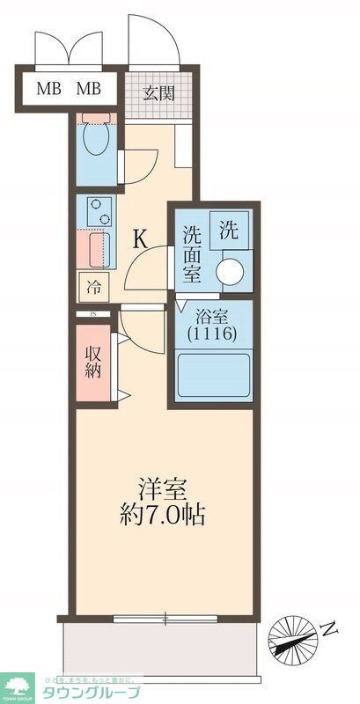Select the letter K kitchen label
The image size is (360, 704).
coord(140,238)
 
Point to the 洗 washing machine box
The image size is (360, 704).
coord(229,231)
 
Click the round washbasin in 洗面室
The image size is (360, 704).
coord(232,272)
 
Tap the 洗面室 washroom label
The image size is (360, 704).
coord(193,253)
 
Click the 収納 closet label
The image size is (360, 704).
coord(93,361)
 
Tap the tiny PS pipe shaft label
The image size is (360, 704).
coord(92,314)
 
